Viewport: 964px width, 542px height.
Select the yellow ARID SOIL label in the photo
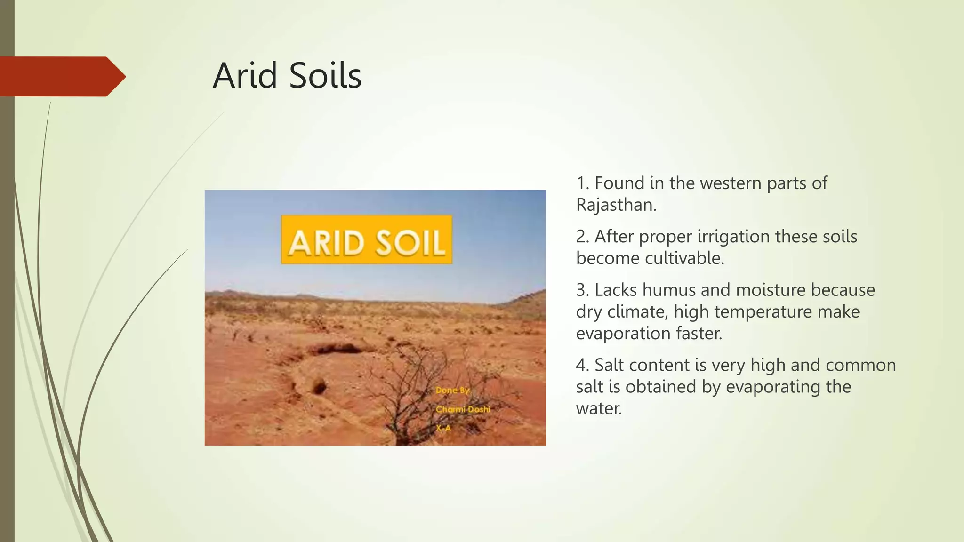pos(366,240)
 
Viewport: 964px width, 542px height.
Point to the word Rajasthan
pos(616,205)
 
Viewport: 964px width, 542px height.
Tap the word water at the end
pos(598,408)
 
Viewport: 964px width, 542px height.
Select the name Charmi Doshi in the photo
pos(463,409)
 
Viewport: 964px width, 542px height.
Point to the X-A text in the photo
pos(443,428)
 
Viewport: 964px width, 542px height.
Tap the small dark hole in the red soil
pos(319,388)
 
